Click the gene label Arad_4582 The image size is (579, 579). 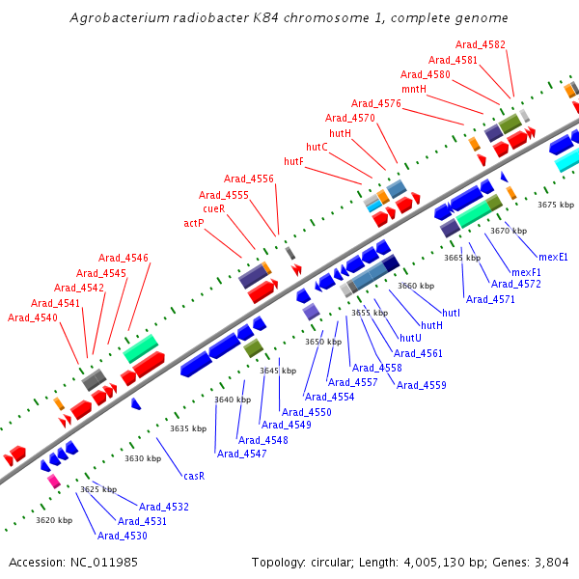click(480, 44)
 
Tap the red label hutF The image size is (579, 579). click(293, 161)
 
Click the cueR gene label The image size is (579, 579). click(213, 208)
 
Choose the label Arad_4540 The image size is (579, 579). click(32, 317)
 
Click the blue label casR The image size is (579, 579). click(194, 476)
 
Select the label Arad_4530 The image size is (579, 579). click(123, 536)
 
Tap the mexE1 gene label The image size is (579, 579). click(553, 257)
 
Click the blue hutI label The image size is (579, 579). click(451, 314)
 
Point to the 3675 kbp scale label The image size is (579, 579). click(556, 205)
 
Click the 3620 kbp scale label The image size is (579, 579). click(54, 520)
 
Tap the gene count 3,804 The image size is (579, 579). click(553, 562)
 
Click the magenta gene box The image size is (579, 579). click(54, 481)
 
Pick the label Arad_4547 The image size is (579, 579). click(241, 454)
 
